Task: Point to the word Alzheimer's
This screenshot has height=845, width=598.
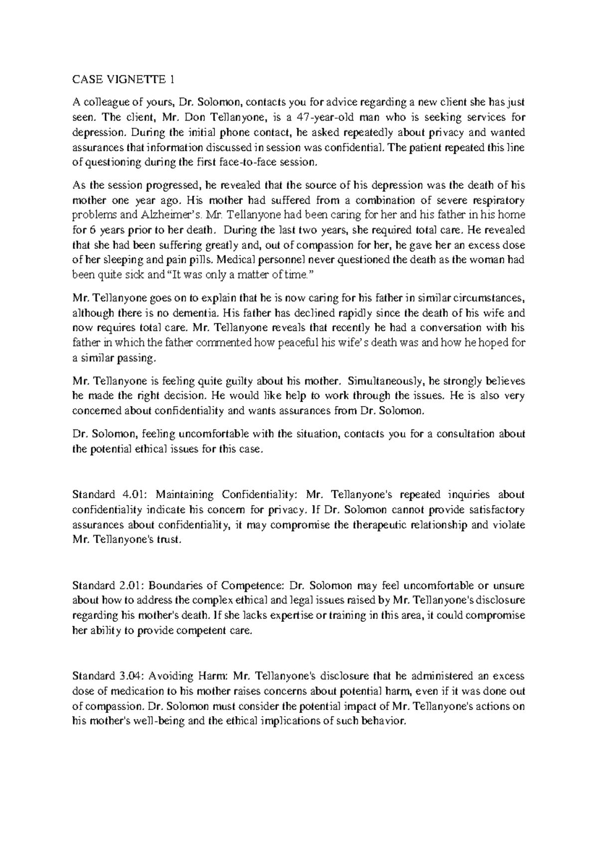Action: tap(158, 215)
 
